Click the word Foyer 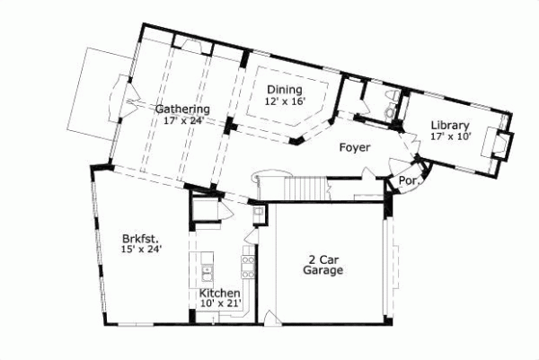[355, 146]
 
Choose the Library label [449, 125]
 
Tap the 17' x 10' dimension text [449, 136]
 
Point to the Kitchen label [218, 294]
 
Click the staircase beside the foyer [305, 188]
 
